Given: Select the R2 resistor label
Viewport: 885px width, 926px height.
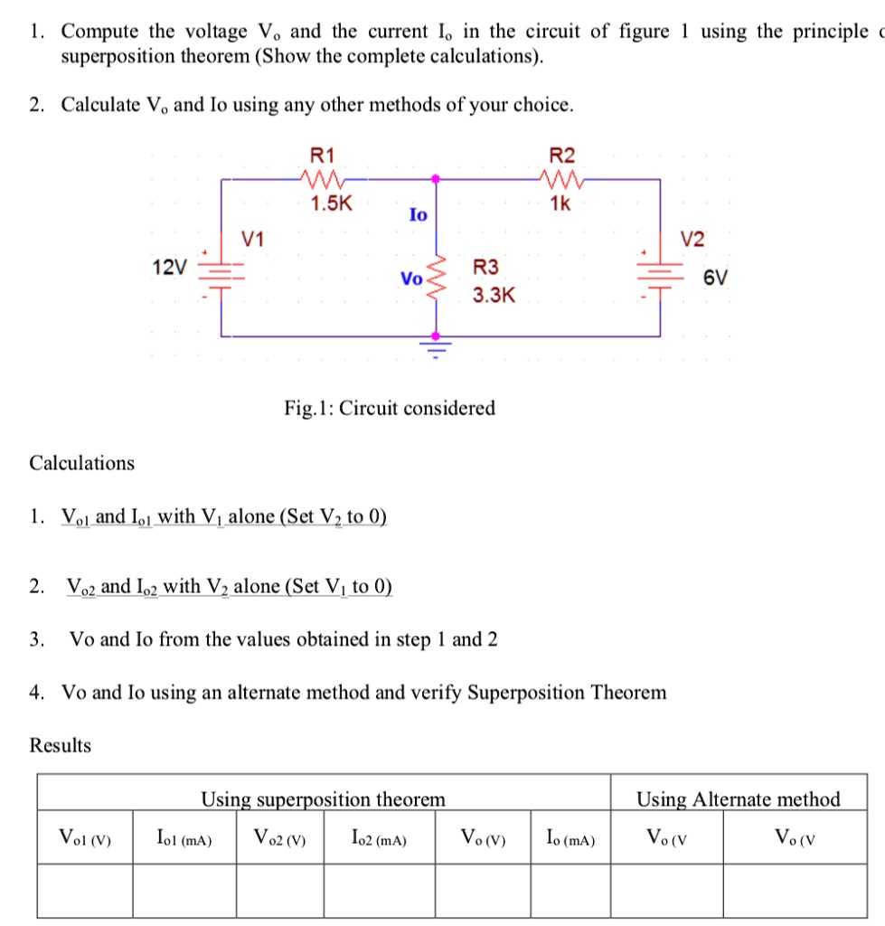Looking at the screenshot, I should click(x=561, y=155).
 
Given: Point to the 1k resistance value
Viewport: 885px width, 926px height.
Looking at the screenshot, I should click(x=560, y=203).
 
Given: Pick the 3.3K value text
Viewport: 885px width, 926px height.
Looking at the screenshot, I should click(x=494, y=295).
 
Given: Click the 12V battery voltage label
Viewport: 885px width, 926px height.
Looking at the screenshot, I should click(x=171, y=267).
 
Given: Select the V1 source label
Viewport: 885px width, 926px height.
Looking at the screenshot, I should click(x=254, y=240).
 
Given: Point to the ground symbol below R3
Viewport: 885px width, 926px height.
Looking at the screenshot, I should click(x=438, y=347).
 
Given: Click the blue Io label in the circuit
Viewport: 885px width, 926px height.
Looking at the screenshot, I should click(x=418, y=215).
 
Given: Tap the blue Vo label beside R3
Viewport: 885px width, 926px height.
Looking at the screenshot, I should click(x=411, y=279).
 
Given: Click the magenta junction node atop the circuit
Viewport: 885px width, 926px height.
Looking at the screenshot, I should click(x=438, y=179).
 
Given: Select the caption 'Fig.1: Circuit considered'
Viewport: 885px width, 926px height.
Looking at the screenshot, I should click(x=390, y=408).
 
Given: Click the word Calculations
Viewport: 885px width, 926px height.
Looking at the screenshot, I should click(x=82, y=463).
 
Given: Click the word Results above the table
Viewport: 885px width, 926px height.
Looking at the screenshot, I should click(x=61, y=746).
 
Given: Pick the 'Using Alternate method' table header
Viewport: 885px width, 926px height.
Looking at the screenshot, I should click(x=738, y=798).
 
